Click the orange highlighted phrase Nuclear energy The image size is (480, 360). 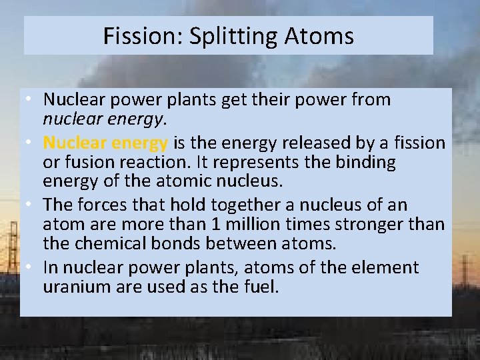click(105, 143)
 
